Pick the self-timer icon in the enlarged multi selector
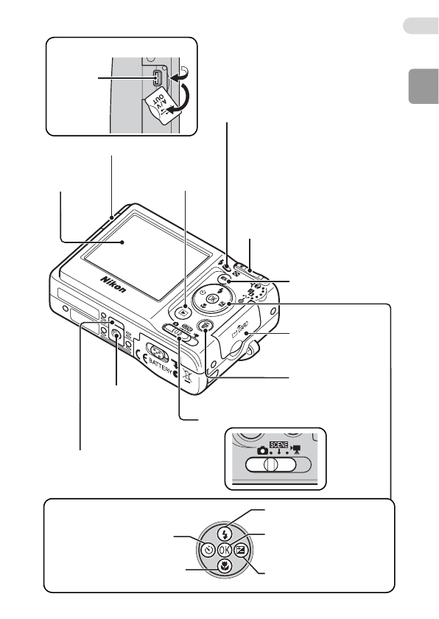pos(208,549)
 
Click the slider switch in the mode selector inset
pos(270,466)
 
